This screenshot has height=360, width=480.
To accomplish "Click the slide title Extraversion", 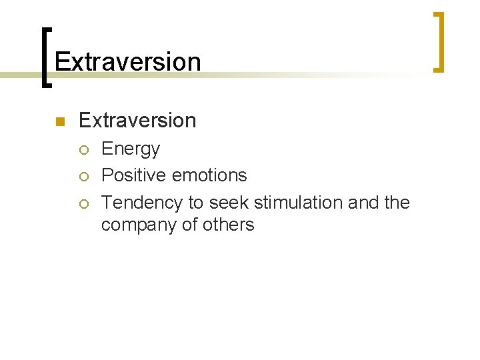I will point(127,61).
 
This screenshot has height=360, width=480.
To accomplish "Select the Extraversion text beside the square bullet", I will point(137,120).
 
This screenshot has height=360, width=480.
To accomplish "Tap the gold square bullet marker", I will point(59,121).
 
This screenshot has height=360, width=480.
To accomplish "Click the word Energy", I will point(131,149).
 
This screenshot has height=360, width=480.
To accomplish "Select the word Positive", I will point(134,175).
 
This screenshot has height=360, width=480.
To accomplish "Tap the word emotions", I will point(209,175).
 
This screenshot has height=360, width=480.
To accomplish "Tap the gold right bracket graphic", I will point(439,41).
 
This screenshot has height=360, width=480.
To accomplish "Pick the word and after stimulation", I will point(363,202).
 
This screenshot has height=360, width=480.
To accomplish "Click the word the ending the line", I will point(397,202).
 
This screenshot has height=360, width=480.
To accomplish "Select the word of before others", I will point(189,225).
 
